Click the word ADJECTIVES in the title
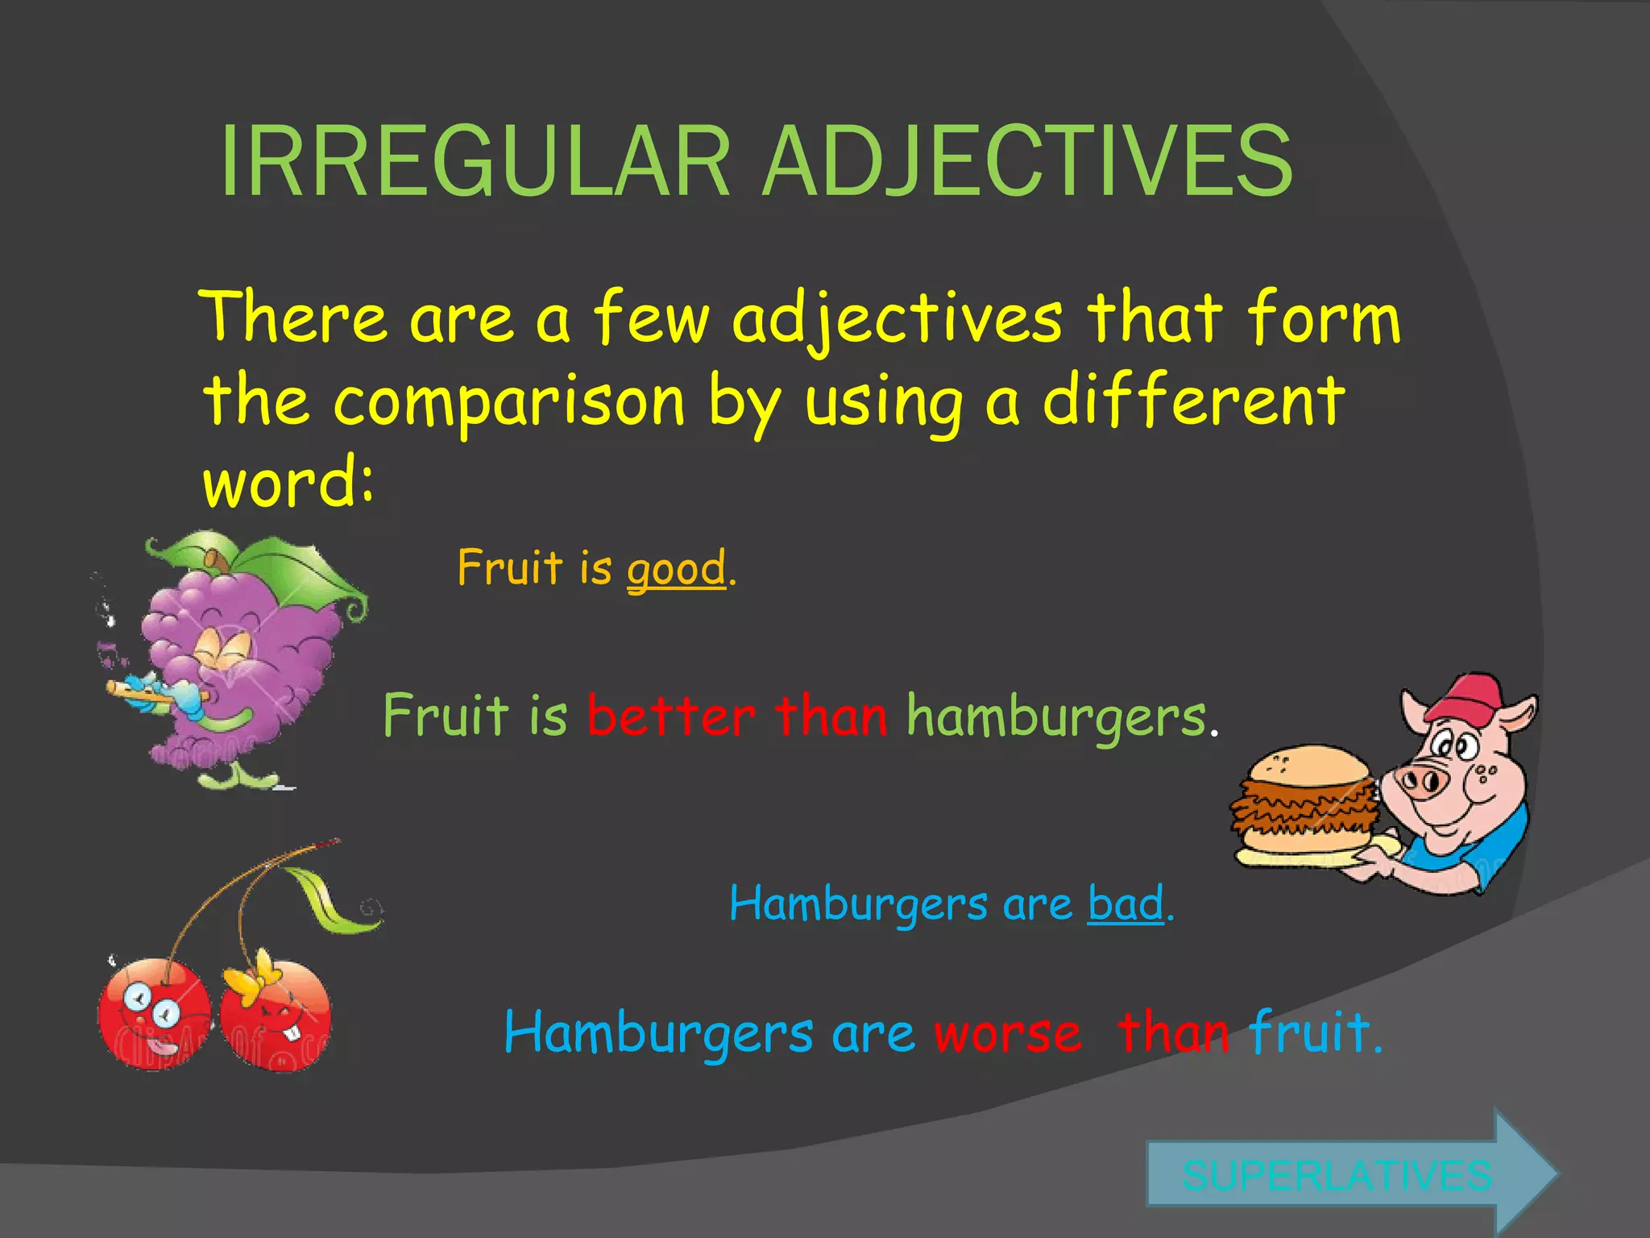coord(1027,161)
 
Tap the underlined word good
coord(677,569)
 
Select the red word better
coord(671,716)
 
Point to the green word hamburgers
coord(1056,717)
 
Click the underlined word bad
coord(1126,904)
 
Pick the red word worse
coord(1008,1033)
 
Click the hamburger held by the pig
coord(1305,802)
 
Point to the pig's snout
coord(1422,780)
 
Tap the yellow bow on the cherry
coord(251,977)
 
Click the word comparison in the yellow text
coord(509,401)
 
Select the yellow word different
coord(1193,400)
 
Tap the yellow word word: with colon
coord(288,482)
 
